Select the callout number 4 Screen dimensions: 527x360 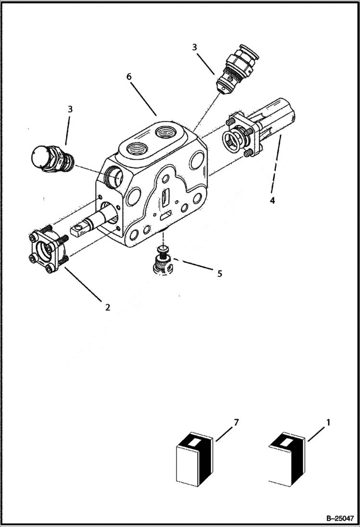click(x=272, y=201)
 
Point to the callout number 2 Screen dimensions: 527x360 click(x=108, y=307)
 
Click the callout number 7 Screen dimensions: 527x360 click(x=236, y=422)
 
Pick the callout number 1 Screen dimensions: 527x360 click(x=328, y=422)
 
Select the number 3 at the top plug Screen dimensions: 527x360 click(x=194, y=47)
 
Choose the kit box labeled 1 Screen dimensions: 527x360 click(x=287, y=458)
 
